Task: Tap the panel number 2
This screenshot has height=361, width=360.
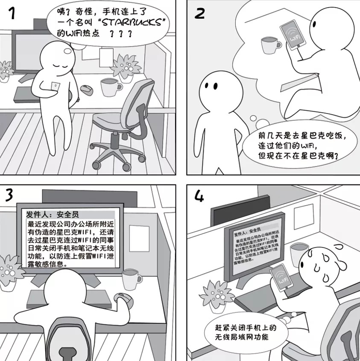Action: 199,13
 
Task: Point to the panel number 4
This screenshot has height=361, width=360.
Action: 199,197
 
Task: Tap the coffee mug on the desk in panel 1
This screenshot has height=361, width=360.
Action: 110,87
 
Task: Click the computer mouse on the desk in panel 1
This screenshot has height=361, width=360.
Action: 87,90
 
